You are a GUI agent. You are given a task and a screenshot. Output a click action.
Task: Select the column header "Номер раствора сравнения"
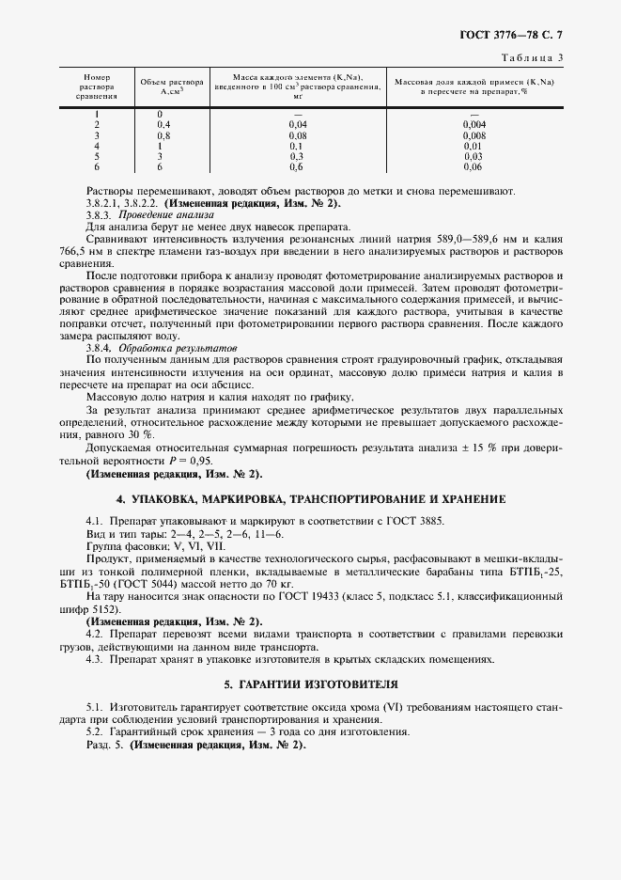pos(98,86)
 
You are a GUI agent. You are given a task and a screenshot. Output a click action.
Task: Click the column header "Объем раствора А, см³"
pos(165,86)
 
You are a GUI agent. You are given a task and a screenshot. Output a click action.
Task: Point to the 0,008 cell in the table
pos(474,135)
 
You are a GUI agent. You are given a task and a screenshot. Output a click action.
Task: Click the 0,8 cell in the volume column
pos(163,135)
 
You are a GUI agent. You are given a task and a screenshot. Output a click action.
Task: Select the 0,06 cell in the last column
pos(474,166)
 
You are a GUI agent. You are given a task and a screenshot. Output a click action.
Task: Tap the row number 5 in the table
pos(97,156)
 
